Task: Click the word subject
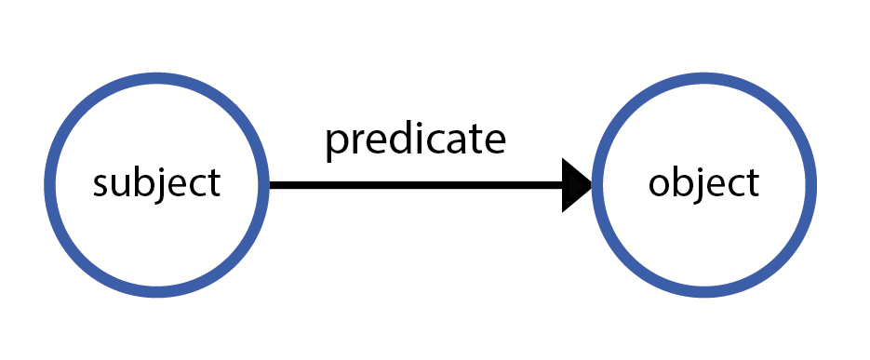click(x=156, y=183)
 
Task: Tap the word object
click(x=703, y=183)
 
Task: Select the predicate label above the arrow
click(x=415, y=140)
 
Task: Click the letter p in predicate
click(x=336, y=143)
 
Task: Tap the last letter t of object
click(x=752, y=183)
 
